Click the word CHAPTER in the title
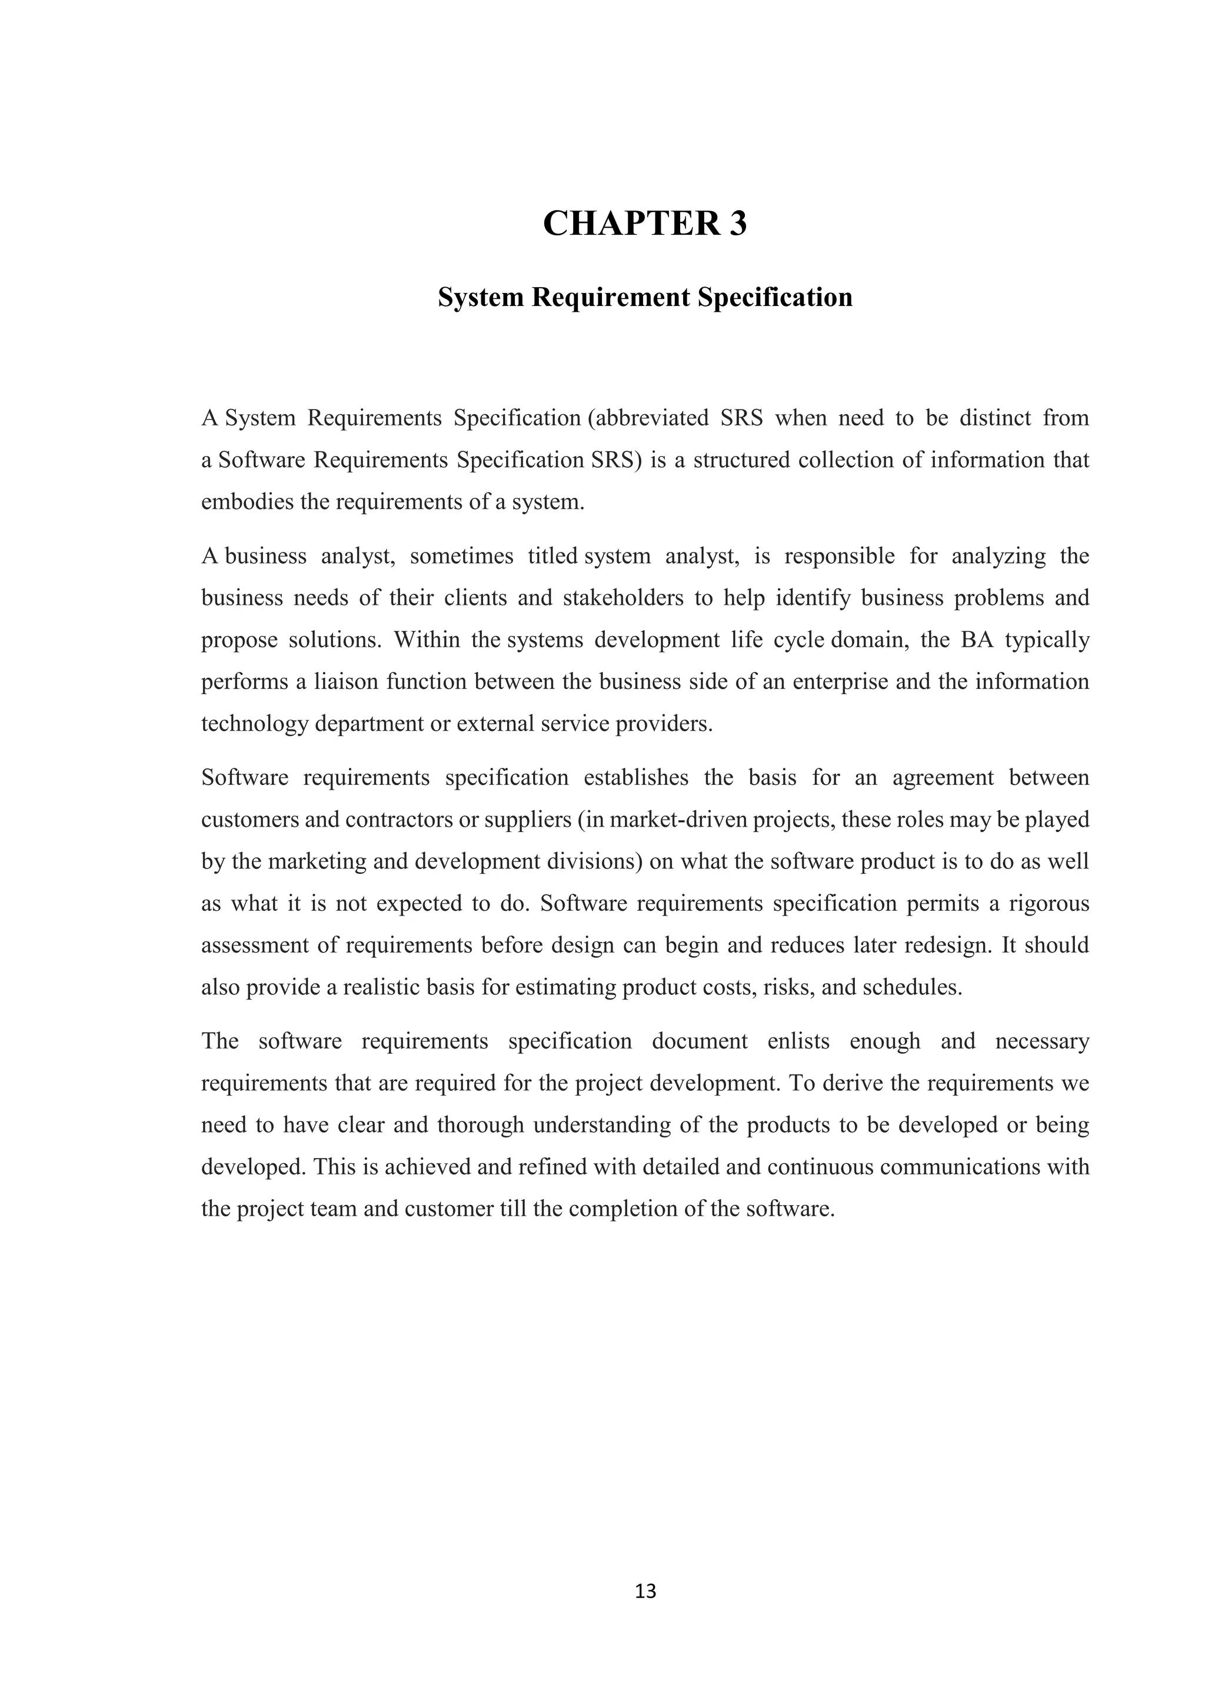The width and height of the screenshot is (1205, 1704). point(631,224)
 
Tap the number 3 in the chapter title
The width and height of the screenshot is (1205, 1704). point(737,224)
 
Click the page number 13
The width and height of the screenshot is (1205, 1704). point(645,1591)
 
